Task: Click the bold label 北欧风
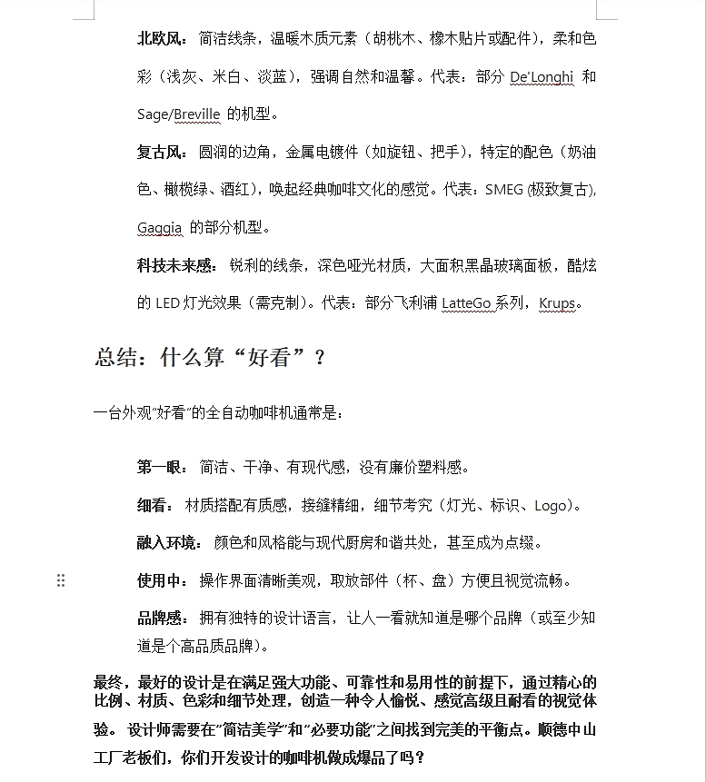click(x=161, y=39)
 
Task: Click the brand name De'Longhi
click(x=542, y=76)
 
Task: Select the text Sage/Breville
click(x=179, y=114)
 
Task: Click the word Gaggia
click(x=160, y=227)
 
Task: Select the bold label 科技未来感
click(x=175, y=265)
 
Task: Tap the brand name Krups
click(x=557, y=303)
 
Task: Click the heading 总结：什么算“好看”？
click(x=210, y=357)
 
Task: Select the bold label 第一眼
click(x=161, y=468)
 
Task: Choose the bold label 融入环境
click(x=168, y=543)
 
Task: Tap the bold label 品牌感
click(x=161, y=619)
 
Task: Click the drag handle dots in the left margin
click(x=61, y=580)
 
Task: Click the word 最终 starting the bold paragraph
click(x=108, y=682)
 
